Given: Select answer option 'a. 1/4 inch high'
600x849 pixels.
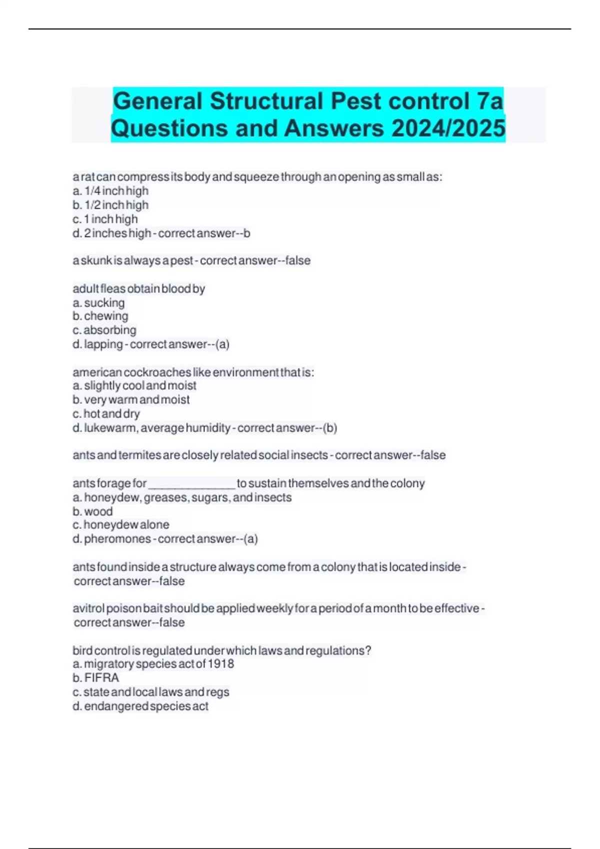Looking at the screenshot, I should coord(110,191).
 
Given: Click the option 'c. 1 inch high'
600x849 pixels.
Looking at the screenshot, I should coord(105,219).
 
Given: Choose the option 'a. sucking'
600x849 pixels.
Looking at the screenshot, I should coord(98,303).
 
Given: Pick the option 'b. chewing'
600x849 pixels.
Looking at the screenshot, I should coord(100,316).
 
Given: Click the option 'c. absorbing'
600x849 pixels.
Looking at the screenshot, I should coord(104,330).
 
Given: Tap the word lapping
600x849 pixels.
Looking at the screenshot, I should coord(103,344).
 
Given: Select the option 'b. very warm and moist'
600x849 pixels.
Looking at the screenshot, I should coord(131,400).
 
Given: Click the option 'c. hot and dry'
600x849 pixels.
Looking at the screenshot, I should coord(106,414).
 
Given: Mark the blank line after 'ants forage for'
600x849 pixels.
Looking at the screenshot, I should coord(191,484).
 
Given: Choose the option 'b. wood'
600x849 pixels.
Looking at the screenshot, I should coord(92,511).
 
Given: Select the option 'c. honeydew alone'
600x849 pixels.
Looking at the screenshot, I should coord(121,525).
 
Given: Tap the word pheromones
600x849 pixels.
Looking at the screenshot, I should coord(117,539).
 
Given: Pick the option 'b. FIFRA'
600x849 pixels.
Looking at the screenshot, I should coord(95,678).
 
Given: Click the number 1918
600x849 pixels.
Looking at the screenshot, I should coord(221,664).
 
